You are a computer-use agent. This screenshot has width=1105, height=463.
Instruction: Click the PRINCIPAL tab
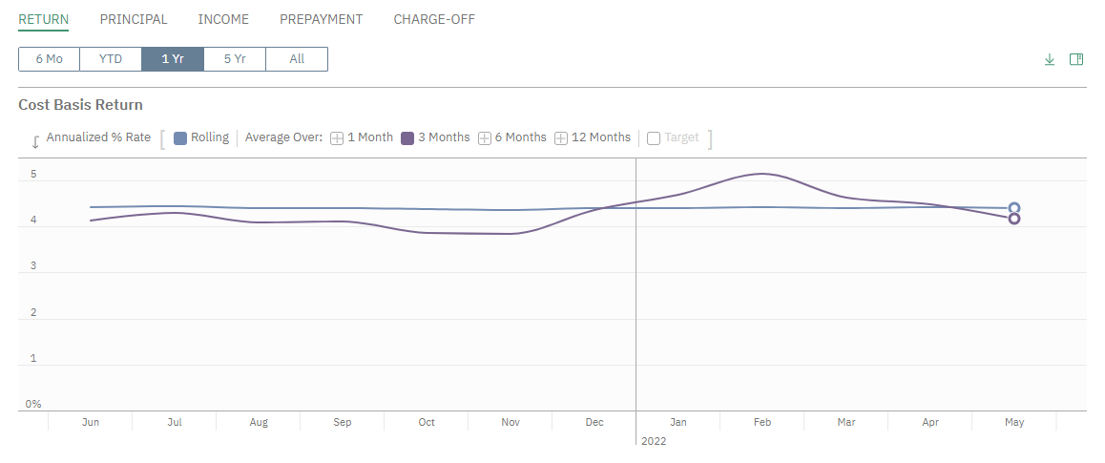(134, 19)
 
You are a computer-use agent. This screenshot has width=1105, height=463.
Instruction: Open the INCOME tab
(223, 19)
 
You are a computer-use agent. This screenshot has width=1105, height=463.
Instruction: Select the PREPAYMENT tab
(321, 19)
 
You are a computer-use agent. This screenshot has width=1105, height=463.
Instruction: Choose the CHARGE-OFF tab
(434, 19)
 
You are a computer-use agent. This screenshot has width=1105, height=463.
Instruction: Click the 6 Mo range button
(49, 59)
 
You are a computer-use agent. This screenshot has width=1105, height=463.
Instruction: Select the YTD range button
(111, 59)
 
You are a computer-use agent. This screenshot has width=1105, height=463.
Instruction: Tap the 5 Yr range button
(235, 59)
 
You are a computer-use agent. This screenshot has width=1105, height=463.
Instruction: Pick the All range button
(297, 59)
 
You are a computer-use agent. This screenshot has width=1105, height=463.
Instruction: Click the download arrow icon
(1050, 59)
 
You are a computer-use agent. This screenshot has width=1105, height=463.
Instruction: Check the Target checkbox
(654, 138)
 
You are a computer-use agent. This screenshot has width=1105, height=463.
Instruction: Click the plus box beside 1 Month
(337, 138)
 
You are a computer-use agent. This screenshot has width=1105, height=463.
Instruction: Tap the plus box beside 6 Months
(484, 138)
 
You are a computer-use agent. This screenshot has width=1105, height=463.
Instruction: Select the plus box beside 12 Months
(561, 138)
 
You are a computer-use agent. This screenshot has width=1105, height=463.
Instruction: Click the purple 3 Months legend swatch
(407, 138)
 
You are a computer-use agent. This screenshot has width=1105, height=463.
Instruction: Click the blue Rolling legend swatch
(180, 138)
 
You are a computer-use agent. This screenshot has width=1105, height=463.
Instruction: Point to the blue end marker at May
(1014, 208)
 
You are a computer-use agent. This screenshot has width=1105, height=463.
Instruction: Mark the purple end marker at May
(1014, 219)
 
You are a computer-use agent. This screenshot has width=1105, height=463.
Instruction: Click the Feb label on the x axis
(762, 422)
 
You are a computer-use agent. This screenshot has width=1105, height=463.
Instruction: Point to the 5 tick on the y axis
(33, 175)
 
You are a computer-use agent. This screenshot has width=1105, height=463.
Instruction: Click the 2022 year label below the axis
(654, 441)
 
